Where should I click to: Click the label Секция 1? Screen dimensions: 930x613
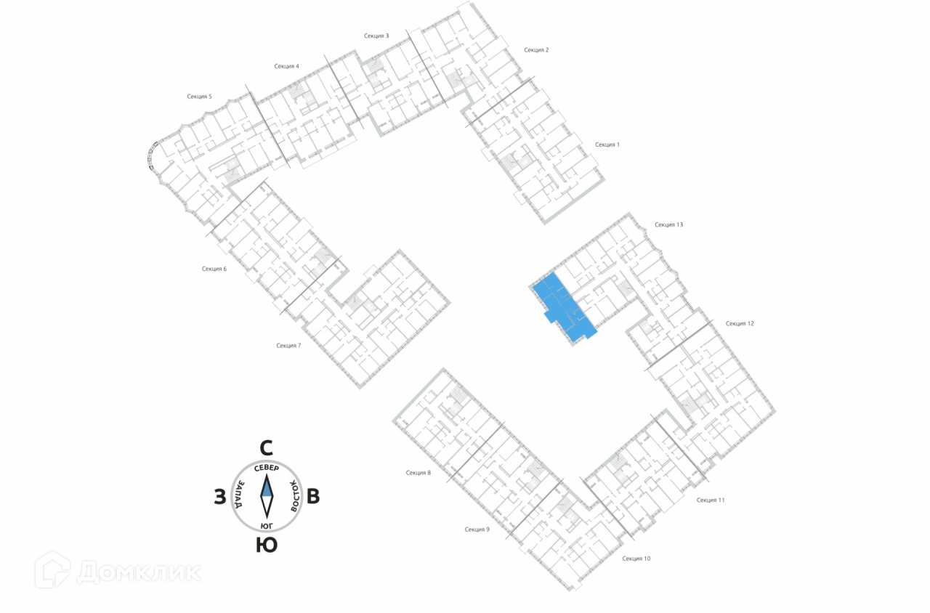(x=607, y=145)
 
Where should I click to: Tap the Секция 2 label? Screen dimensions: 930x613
(x=536, y=50)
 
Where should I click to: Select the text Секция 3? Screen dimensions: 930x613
(x=376, y=36)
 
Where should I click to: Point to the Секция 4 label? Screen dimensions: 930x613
(x=286, y=66)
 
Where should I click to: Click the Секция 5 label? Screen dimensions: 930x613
(x=199, y=97)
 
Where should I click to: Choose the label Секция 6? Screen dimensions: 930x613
(x=214, y=269)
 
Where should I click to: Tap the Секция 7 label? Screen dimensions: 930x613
(x=288, y=346)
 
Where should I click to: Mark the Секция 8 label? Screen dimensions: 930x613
(x=418, y=473)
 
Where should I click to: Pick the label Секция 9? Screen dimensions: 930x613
(x=477, y=529)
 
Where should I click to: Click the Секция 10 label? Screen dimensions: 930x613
(x=636, y=559)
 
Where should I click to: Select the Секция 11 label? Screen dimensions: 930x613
(x=711, y=500)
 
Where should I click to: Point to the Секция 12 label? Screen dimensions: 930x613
(x=740, y=323)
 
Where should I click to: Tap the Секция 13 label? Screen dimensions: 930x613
(x=668, y=225)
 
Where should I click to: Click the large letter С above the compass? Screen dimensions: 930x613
(x=267, y=447)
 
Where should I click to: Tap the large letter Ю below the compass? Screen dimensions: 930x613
(x=267, y=545)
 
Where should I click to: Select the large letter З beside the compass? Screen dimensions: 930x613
(x=219, y=497)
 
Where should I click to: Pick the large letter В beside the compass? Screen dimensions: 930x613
(x=313, y=497)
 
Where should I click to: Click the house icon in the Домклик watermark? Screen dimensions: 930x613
(x=53, y=569)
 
